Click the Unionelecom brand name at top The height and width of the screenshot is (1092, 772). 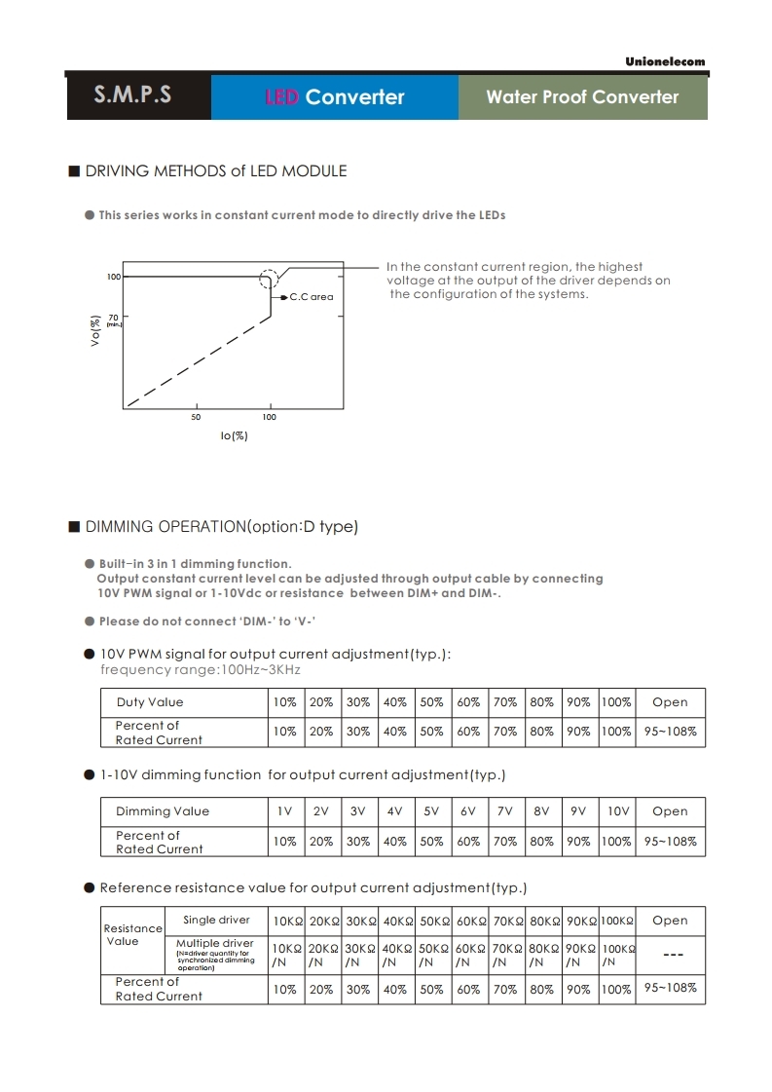coord(665,61)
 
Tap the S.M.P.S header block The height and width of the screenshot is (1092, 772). coord(133,95)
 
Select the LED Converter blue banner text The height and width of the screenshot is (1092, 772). coord(334,96)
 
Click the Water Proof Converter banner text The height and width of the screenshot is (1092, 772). coord(582,96)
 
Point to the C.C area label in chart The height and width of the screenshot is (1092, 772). coord(311,296)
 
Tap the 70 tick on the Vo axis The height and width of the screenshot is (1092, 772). coord(113,318)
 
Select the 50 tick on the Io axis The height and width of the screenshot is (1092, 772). coord(196,417)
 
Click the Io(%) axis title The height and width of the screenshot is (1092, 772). coord(234,435)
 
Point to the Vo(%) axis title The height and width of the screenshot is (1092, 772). coord(95,331)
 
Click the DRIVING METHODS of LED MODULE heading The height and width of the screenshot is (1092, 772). coord(215,171)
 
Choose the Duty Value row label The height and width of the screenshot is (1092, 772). coord(150,702)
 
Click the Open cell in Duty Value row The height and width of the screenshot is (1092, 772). coord(670,702)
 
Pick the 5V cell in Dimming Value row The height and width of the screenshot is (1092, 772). coord(431,811)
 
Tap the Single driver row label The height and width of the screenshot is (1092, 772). coord(216,920)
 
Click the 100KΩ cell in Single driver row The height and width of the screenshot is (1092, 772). coord(617,921)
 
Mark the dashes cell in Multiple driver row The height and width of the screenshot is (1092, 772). coord(671,955)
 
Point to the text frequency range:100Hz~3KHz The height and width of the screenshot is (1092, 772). coord(201,670)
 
